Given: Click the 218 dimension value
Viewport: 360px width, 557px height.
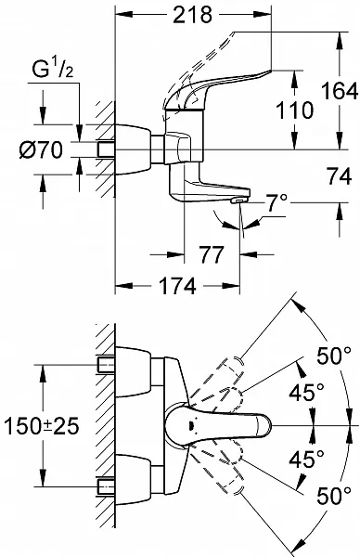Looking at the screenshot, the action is tap(192, 14).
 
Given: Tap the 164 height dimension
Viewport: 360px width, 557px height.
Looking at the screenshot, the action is tap(340, 91).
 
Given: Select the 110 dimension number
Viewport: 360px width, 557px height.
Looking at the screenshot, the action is tap(294, 110).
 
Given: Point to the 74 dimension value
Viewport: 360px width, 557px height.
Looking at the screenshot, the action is tap(340, 175).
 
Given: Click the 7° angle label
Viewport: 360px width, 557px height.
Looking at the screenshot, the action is tap(276, 202).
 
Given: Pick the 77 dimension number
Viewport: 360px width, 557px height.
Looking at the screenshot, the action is tap(212, 254).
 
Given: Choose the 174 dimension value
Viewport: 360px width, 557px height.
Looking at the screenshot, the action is tap(177, 286).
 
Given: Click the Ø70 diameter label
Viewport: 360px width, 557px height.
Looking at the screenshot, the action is tap(41, 149).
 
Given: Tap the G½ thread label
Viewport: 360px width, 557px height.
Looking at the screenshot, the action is tap(53, 69).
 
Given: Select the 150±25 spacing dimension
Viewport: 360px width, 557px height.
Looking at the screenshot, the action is tap(41, 426).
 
